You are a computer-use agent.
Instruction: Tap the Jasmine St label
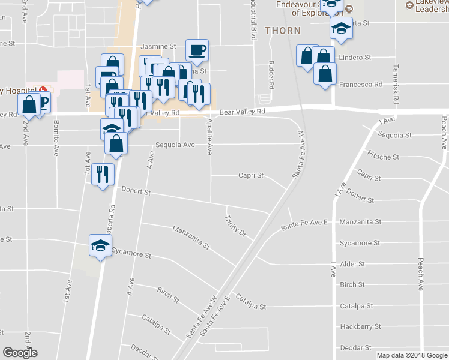158,46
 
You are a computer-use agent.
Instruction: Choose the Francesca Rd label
361,85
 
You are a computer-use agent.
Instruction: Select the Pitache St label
383,157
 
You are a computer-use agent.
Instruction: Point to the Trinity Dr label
236,224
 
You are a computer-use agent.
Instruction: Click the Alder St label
352,264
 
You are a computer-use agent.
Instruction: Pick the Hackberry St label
360,327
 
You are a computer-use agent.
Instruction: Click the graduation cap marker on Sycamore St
100,244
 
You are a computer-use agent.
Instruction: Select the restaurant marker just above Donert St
103,174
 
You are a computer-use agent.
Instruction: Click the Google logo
20,353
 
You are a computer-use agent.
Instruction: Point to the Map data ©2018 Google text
411,355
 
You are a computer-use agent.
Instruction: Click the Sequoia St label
391,136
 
